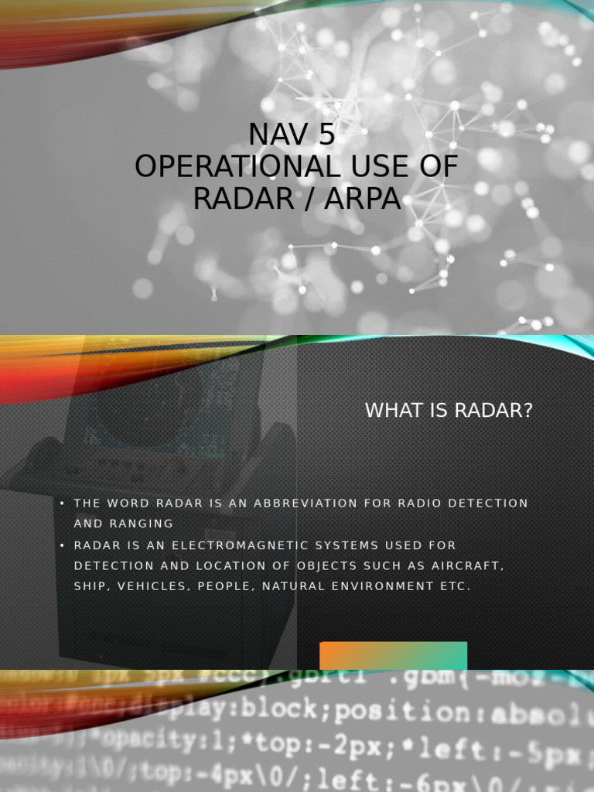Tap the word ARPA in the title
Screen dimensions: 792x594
pyautogui.click(x=364, y=199)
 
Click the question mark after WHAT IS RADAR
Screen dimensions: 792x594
pyautogui.click(x=528, y=411)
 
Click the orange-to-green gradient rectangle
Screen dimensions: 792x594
pyautogui.click(x=394, y=655)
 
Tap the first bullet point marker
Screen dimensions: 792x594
pyautogui.click(x=62, y=504)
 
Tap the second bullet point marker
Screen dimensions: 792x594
pyautogui.click(x=62, y=545)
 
